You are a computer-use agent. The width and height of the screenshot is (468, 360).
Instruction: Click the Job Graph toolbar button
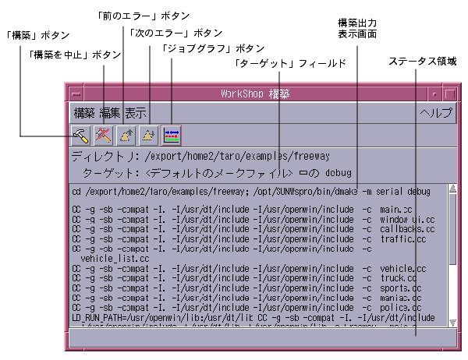pos(171,135)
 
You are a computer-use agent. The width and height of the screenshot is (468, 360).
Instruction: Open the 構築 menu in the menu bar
pos(84,112)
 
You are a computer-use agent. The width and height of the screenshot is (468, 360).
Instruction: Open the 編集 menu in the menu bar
pos(110,112)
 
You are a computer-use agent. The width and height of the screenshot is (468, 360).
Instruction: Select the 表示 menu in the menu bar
pos(135,112)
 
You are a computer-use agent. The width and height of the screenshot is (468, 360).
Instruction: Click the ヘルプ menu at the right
pos(435,112)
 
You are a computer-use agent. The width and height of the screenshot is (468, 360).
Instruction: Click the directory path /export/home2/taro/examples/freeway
pos(237,156)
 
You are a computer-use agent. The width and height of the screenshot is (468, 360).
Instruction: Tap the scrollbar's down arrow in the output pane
pos(452,321)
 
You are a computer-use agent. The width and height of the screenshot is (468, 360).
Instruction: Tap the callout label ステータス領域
pos(425,60)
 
